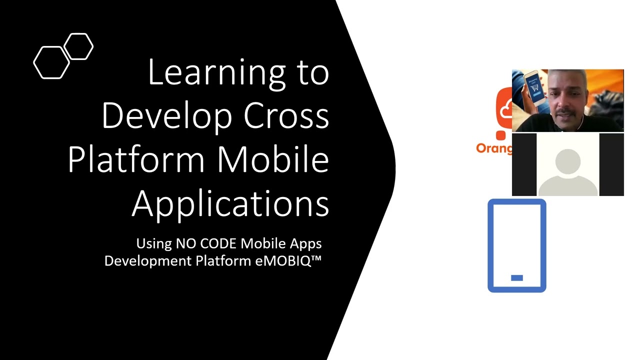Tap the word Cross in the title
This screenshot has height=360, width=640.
click(286, 116)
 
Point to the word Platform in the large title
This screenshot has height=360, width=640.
click(136, 160)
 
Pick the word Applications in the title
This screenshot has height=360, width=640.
click(230, 203)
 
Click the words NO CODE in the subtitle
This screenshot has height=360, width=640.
click(206, 243)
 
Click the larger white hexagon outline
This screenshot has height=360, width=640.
click(51, 62)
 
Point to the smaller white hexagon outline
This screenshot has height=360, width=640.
click(79, 46)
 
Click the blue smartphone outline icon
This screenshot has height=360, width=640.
click(516, 245)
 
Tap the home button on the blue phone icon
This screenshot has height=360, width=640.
click(517, 278)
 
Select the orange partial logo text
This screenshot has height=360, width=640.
click(493, 148)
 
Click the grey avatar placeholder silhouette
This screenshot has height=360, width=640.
click(567, 170)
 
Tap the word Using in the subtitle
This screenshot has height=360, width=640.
click(154, 243)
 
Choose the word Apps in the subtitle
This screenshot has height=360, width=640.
click(307, 243)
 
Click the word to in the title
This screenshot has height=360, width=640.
click(312, 73)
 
